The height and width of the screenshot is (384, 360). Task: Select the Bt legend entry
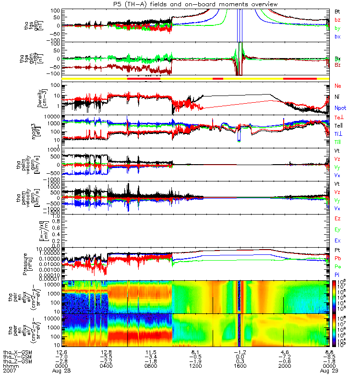(337, 11)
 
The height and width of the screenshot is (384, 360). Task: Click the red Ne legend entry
(338, 86)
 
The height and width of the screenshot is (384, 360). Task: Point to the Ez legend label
(337, 218)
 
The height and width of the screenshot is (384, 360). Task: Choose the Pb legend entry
(338, 259)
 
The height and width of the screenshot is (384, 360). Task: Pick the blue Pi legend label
(337, 275)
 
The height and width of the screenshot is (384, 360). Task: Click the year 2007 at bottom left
(10, 371)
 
